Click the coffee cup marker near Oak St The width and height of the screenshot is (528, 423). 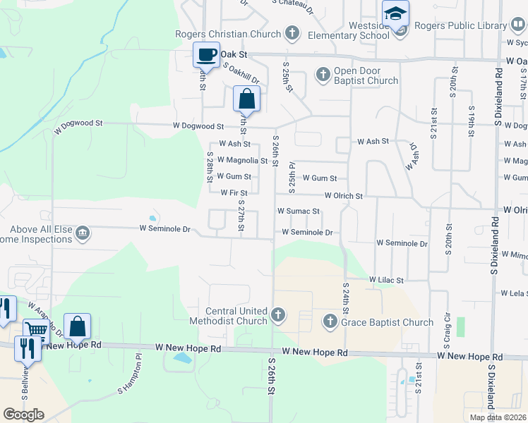206,55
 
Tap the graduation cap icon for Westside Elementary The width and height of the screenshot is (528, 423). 396,13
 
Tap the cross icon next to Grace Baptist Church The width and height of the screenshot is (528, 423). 330,322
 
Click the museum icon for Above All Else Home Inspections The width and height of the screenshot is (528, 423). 83,233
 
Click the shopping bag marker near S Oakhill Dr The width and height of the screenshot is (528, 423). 246,99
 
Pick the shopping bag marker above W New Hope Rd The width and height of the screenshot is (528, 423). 77,326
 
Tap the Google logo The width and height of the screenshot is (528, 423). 23,415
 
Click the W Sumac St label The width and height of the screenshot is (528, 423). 299,211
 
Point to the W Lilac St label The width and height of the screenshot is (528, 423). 385,280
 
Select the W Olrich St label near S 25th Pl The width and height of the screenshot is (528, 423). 344,195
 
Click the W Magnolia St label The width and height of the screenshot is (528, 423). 242,160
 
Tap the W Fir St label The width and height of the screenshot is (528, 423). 234,192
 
